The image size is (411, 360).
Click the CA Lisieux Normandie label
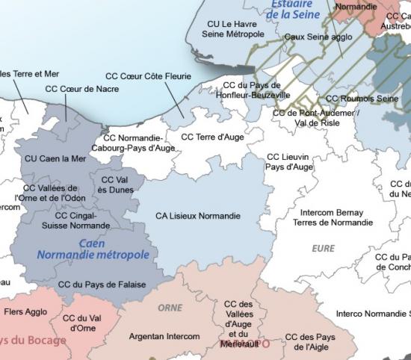tap(198, 216)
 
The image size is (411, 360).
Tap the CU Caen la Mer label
tap(55, 158)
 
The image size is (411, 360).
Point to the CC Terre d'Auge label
tap(213, 137)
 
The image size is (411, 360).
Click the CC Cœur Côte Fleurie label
tap(148, 76)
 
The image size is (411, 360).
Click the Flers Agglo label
tap(25, 312)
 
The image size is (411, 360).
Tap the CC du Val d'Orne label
tap(82, 323)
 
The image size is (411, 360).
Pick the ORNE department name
tap(170, 308)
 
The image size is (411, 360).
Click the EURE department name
tap(323, 249)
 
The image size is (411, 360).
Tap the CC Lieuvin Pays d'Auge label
tap(289, 162)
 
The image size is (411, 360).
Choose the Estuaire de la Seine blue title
tap(291, 10)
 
